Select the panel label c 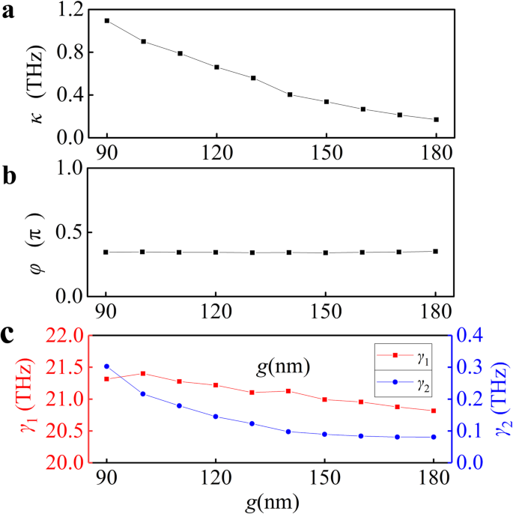[x=9, y=332]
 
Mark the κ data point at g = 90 [x=107, y=20]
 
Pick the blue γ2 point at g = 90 [x=107, y=366]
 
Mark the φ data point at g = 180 [x=435, y=251]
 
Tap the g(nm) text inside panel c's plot [x=279, y=368]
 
